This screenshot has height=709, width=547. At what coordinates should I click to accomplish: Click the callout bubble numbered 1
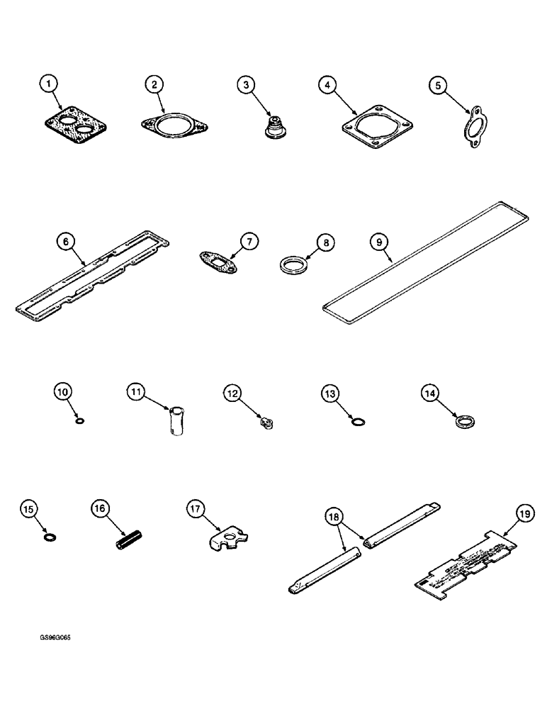point(48,86)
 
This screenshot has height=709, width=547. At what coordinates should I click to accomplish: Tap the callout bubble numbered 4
point(327,86)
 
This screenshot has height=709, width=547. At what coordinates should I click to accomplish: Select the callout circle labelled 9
point(380,242)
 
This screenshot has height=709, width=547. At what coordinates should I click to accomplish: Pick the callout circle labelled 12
point(234,391)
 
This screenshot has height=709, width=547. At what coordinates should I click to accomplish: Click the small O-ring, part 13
point(359,423)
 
